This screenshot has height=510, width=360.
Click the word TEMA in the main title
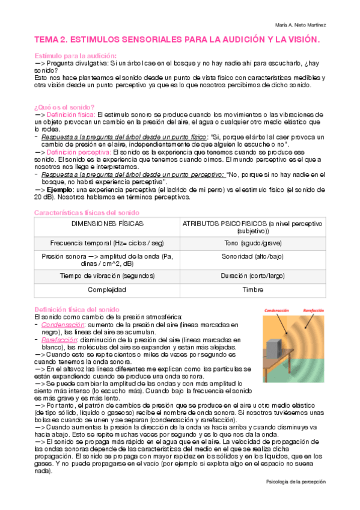pos(47,40)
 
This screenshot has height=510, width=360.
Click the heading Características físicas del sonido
pos(87,213)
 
